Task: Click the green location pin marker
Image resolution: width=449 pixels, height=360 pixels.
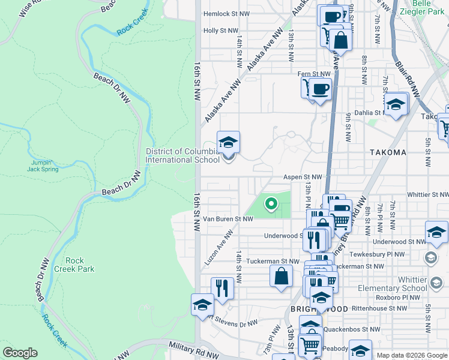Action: [x=271, y=204]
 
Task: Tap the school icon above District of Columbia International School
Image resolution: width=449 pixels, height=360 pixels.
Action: [x=228, y=143]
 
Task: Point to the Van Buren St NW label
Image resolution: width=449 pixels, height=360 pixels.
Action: [x=228, y=219]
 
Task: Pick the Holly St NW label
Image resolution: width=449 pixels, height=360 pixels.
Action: [x=220, y=30]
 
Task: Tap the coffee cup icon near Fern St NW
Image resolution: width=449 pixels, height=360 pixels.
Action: [x=321, y=88]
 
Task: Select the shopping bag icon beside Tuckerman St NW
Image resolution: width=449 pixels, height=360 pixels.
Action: [x=281, y=277]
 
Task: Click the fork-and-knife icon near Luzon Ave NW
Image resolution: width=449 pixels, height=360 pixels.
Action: [x=222, y=288]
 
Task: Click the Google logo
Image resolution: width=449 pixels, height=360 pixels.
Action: [x=20, y=353]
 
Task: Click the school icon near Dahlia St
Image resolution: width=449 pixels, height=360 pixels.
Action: [x=396, y=105]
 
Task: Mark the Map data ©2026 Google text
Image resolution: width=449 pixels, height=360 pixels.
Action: [x=412, y=355]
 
